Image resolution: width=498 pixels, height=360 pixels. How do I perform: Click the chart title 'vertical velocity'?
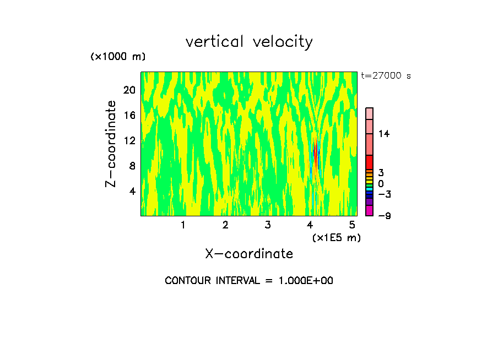pyautogui.click(x=249, y=42)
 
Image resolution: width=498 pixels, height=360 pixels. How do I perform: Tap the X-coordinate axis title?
pyautogui.click(x=249, y=254)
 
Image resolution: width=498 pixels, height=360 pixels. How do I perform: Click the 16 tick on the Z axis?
pyautogui.click(x=129, y=115)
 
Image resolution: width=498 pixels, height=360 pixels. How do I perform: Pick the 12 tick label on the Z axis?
pyautogui.click(x=129, y=140)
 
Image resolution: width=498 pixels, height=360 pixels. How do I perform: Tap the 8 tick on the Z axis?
pyautogui.click(x=132, y=166)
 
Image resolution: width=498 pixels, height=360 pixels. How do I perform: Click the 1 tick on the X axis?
pyautogui.click(x=183, y=225)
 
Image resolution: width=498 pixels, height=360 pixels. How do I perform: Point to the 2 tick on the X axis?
pyautogui.click(x=225, y=225)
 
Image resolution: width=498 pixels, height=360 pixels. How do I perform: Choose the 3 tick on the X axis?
pyautogui.click(x=268, y=225)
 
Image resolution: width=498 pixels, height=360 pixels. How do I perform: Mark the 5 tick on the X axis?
pyautogui.click(x=352, y=225)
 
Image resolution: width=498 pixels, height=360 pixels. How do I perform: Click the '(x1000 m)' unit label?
pyautogui.click(x=118, y=57)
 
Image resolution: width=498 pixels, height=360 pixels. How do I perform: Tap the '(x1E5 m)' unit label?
pyautogui.click(x=336, y=237)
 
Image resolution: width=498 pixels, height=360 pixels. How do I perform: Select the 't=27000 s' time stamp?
pyautogui.click(x=386, y=76)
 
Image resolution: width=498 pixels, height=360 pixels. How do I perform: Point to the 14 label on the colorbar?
pyautogui.click(x=384, y=134)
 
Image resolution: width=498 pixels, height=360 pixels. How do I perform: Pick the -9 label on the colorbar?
pyautogui.click(x=384, y=215)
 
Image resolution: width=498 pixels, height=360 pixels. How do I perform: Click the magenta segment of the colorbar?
pyautogui.click(x=369, y=210)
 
